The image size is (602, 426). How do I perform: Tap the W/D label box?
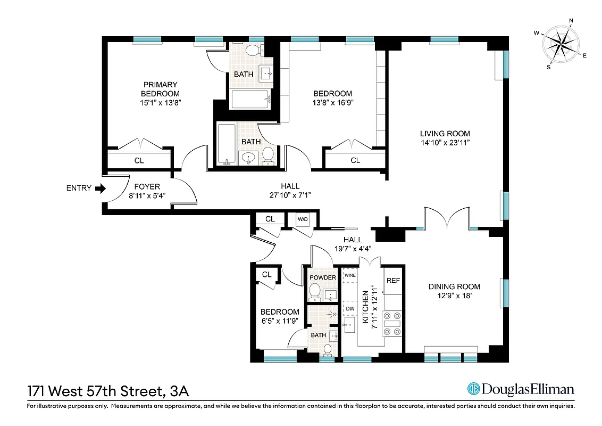click(302, 219)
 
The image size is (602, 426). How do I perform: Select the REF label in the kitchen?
click(392, 281)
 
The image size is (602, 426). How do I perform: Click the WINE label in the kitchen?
click(350, 276)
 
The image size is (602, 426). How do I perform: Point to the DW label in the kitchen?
click(350, 308)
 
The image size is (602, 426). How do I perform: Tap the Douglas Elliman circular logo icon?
click(473, 389)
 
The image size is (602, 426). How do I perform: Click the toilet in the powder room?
click(314, 292)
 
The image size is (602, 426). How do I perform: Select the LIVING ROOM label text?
click(445, 134)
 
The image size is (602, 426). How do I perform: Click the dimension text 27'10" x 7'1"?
click(290, 195)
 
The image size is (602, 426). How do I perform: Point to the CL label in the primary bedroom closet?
click(139, 160)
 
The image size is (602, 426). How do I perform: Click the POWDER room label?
click(323, 277)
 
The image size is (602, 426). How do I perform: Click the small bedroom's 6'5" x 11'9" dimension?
click(279, 321)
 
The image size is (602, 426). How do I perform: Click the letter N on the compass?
click(571, 21)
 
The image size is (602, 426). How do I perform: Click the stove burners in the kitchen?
click(392, 323)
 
